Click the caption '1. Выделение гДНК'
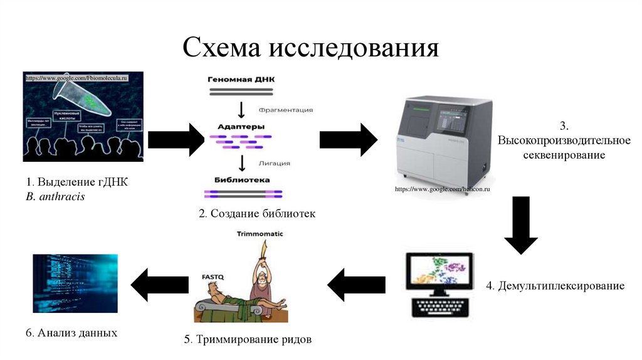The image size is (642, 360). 76,183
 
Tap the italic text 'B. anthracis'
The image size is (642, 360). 55,197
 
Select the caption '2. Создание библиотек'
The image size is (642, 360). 257,214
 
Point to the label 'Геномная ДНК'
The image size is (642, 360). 241,80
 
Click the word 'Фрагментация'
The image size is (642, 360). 285,110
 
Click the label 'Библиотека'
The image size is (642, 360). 241,179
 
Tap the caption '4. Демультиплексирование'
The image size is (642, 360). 555,287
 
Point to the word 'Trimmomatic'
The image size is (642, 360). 260,233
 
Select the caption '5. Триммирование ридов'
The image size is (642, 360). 248,340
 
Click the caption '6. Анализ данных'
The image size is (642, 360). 71,332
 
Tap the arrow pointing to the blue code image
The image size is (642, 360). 160,285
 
